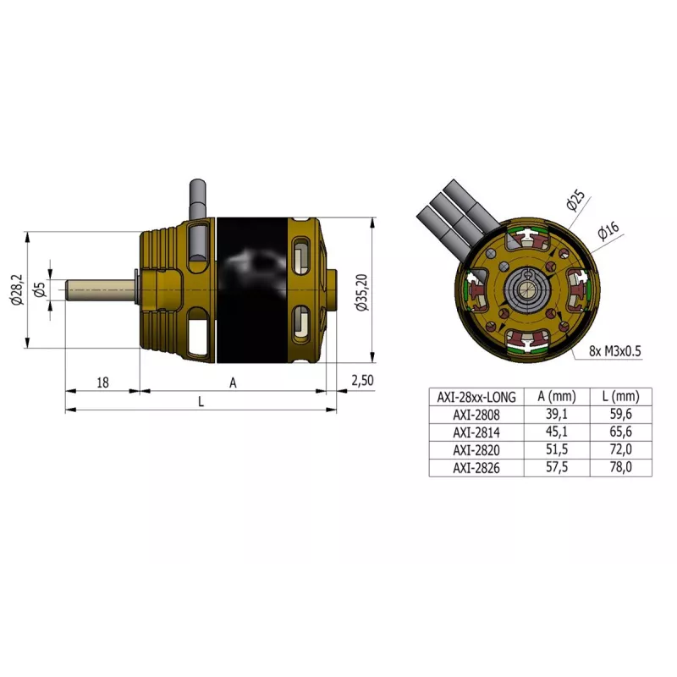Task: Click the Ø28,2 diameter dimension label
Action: [x=18, y=289]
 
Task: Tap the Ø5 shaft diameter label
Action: [x=40, y=289]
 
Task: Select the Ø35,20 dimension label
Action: [x=362, y=292]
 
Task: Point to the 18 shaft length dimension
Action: [x=102, y=383]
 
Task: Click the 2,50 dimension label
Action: [x=362, y=380]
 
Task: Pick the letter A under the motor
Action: [x=233, y=383]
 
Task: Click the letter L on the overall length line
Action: [x=201, y=401]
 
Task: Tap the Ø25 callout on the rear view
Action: [x=576, y=200]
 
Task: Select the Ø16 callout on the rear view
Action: [x=608, y=230]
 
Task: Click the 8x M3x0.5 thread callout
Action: [x=615, y=351]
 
